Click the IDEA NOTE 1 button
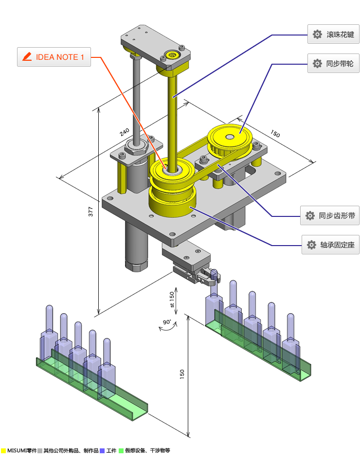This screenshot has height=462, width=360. pos(54,57)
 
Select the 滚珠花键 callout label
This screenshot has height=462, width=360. pos(333,35)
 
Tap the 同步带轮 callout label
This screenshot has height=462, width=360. pos(333,63)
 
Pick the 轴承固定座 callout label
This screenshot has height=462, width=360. pos(330,245)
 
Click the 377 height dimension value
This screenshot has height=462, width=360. pos(91,211)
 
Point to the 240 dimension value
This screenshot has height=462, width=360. pos(125,132)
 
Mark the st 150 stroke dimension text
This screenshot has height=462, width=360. pos(171,300)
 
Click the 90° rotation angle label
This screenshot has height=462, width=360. pos(167,322)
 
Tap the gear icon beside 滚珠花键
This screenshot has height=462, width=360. pos(317,35)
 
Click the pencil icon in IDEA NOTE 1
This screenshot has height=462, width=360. pos(27,57)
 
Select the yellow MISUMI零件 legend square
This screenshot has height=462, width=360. pos(3,451)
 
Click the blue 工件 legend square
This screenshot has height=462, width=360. pos(102,451)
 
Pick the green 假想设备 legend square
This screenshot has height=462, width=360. pos(121,451)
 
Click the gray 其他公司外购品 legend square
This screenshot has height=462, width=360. pos(40,451)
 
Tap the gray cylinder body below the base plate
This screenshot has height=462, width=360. pos(136,243)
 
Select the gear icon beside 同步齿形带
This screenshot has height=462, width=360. pos(310,215)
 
